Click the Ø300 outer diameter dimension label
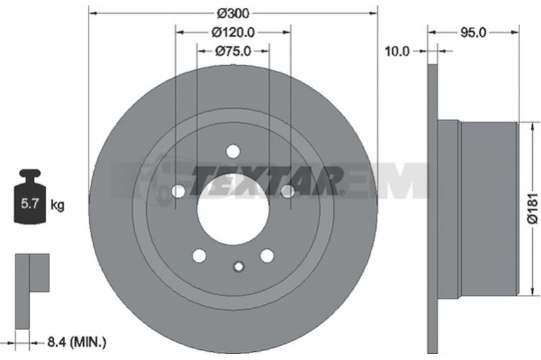[233, 14]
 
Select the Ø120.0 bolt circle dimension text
[233, 32]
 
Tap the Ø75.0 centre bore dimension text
[233, 51]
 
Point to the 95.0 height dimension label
[473, 32]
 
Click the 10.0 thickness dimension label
[397, 51]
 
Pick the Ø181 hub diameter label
[533, 208]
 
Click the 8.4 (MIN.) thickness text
[77, 342]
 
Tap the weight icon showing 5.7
[30, 196]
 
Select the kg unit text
[57, 204]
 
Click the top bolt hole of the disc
[233, 151]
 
